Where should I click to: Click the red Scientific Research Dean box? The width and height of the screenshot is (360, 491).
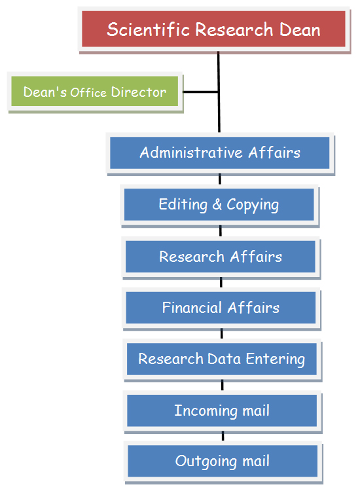214,29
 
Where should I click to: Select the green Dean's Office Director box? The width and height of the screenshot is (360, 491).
95,92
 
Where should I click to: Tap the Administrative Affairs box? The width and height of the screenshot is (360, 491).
220,153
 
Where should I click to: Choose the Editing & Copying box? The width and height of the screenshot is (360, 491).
219,204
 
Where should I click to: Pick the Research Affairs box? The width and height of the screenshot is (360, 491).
221,257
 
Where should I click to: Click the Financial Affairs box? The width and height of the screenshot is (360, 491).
221,308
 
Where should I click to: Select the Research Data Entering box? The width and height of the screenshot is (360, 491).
222,359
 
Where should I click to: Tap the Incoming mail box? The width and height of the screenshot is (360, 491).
222,410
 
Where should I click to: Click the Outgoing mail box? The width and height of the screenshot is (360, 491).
223,461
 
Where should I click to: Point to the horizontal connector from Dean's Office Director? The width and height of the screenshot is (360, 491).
200,92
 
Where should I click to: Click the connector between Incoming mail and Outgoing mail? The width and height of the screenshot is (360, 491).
223,436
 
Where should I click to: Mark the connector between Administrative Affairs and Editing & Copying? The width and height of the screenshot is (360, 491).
220,179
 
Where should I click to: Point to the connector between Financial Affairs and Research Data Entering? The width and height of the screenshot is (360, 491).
222,333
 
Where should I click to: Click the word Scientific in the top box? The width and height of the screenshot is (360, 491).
149,29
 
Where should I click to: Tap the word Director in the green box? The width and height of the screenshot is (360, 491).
139,92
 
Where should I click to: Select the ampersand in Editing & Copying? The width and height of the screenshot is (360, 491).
217,204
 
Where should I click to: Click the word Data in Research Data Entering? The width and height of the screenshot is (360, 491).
224,359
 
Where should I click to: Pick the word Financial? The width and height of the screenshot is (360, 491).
192,308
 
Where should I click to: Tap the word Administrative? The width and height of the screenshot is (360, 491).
191,153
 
